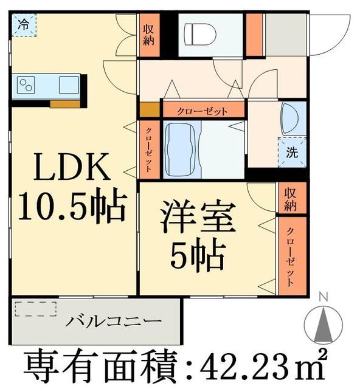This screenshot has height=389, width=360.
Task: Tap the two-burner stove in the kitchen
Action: (x=27, y=84)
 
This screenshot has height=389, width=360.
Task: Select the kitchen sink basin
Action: (x=67, y=85)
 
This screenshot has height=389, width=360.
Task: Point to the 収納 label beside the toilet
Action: (x=150, y=35)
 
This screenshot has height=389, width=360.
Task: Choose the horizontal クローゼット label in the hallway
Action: (x=202, y=111)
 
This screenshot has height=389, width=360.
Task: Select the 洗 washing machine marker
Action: (x=292, y=152)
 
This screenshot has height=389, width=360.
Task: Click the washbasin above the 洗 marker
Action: (x=291, y=116)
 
